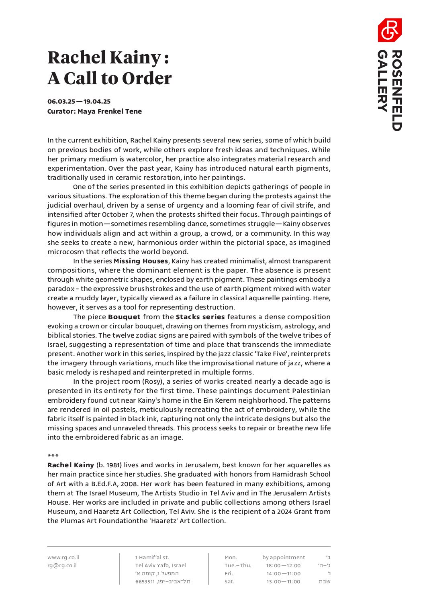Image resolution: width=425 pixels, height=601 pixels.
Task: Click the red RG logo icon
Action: pyautogui.click(x=389, y=30)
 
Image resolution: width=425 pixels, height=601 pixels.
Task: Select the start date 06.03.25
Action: pyautogui.click(x=61, y=102)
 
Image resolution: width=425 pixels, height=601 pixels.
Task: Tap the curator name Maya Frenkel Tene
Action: pyautogui.click(x=110, y=111)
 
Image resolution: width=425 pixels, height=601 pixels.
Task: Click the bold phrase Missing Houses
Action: pyautogui.click(x=141, y=261)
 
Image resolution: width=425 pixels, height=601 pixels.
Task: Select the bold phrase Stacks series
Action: pyautogui.click(x=200, y=317)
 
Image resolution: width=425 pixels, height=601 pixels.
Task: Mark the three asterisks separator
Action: pyautogui.click(x=53, y=456)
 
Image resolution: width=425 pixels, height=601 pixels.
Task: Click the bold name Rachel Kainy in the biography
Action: pyautogui.click(x=71, y=465)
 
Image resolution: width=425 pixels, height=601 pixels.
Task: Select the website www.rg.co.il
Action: pyautogui.click(x=63, y=557)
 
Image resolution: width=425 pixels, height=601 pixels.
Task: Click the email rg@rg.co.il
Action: pyautogui.click(x=62, y=565)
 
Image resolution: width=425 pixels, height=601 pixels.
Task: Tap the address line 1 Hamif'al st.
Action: pyautogui.click(x=152, y=557)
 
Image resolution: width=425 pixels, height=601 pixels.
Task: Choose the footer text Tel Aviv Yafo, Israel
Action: pyautogui.click(x=161, y=565)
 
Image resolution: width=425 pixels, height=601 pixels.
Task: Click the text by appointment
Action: pyautogui.click(x=284, y=557)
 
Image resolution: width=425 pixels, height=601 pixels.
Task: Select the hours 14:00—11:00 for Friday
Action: pyautogui.click(x=283, y=573)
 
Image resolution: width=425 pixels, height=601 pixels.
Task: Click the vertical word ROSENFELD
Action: pyautogui.click(x=396, y=90)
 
